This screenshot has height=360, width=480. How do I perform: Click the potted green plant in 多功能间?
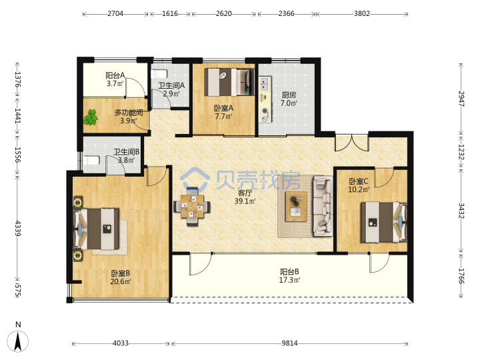91,117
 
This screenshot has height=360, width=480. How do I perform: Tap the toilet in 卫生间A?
159,74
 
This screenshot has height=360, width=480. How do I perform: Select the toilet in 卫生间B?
91,160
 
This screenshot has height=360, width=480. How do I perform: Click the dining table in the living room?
192,206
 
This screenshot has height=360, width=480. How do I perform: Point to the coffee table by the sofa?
296,206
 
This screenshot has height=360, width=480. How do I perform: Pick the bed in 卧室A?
229,82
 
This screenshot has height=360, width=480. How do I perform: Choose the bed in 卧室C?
384,222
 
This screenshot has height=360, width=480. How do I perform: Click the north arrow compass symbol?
18,340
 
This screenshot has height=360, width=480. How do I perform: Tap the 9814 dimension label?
289,343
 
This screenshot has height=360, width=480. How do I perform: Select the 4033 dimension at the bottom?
121,343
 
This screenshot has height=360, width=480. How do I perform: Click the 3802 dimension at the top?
362,13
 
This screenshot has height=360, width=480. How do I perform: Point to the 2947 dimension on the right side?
461,99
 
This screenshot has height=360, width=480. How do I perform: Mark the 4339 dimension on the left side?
17,228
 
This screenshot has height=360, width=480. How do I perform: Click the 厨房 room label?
289,95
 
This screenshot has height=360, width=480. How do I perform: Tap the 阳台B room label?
289,271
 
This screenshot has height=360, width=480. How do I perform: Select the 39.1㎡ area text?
245,201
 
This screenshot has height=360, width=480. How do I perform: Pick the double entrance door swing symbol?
352,143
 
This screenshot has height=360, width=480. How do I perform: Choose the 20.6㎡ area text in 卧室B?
121,281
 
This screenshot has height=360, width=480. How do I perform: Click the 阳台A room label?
115,75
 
